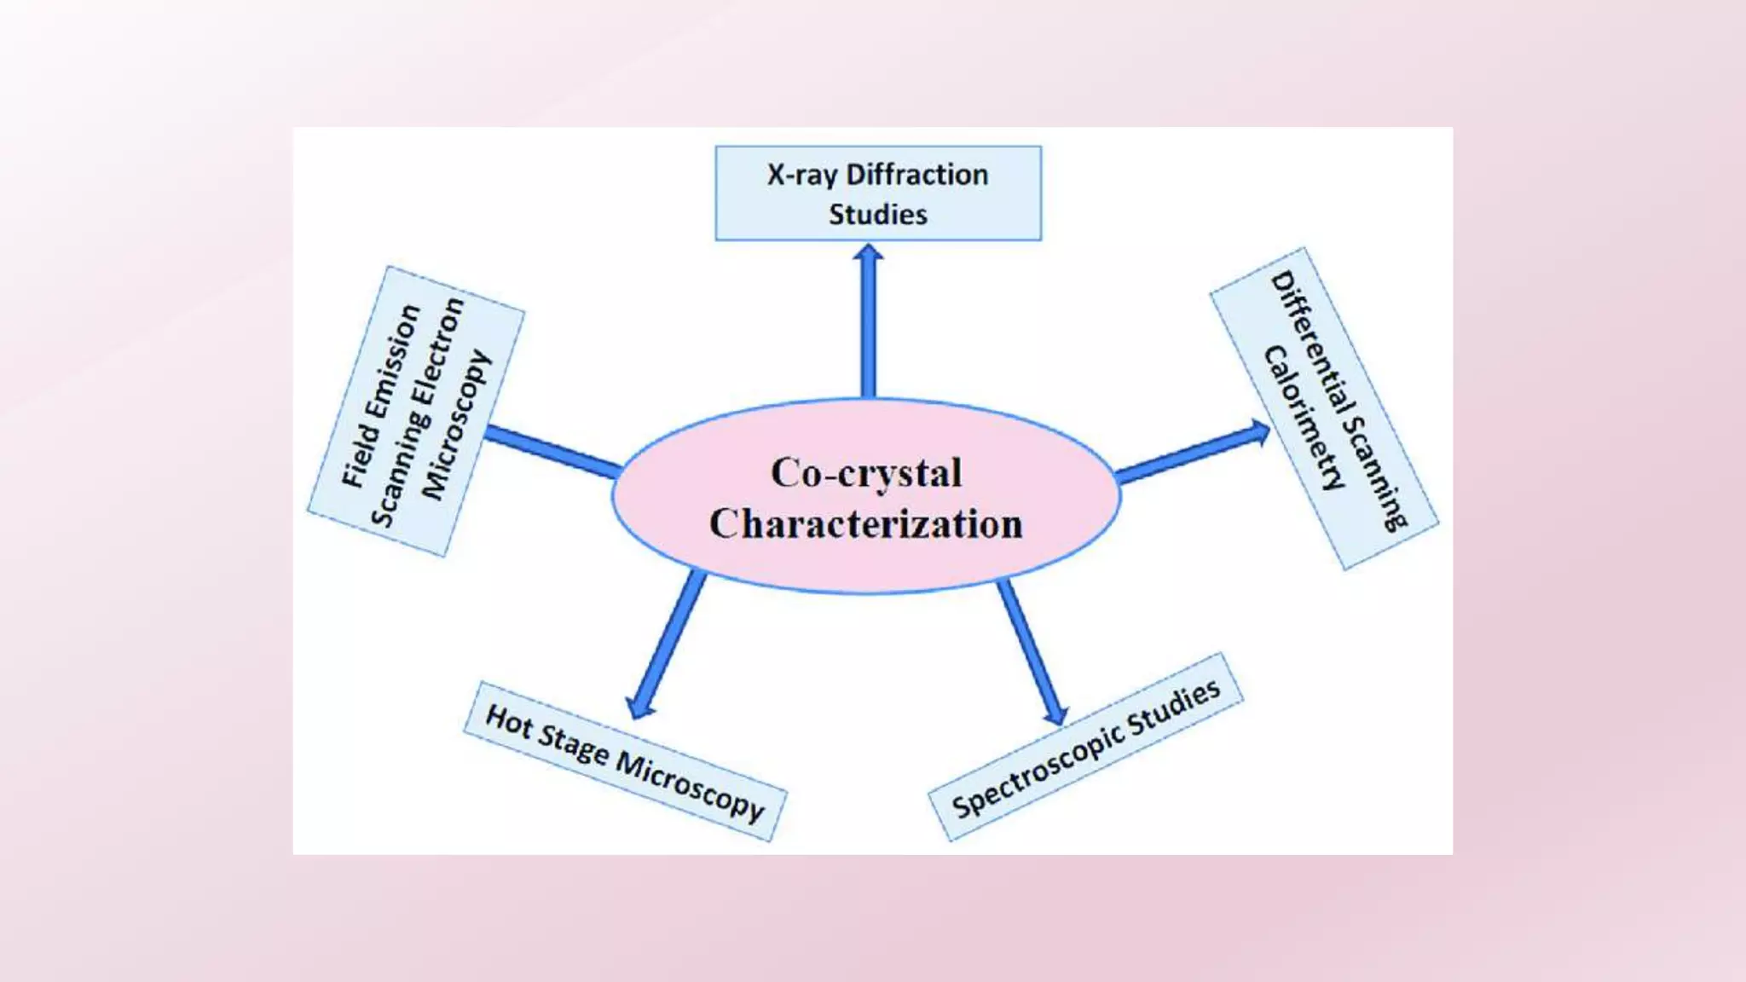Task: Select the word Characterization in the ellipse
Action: coord(865,524)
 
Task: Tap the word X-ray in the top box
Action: coord(801,176)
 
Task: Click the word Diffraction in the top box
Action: coord(917,175)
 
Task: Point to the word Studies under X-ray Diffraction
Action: coord(878,214)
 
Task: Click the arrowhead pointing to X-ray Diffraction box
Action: coord(868,253)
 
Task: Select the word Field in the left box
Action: coord(357,457)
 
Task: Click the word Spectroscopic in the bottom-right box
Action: coord(1035,771)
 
